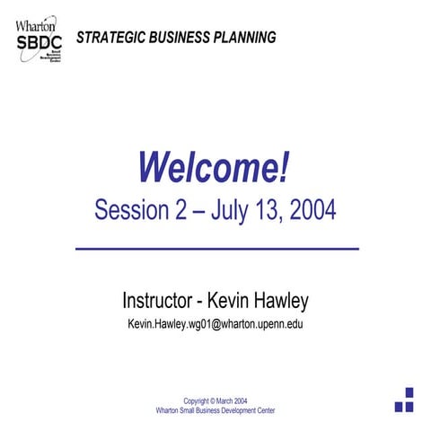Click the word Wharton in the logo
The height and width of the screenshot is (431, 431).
(33, 24)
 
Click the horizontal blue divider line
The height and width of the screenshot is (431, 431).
(215, 248)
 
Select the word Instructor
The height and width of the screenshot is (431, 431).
(158, 299)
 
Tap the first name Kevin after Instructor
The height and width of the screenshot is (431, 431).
(231, 299)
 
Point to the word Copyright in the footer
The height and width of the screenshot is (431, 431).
(200, 400)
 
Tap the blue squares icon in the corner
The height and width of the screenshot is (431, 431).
(404, 400)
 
